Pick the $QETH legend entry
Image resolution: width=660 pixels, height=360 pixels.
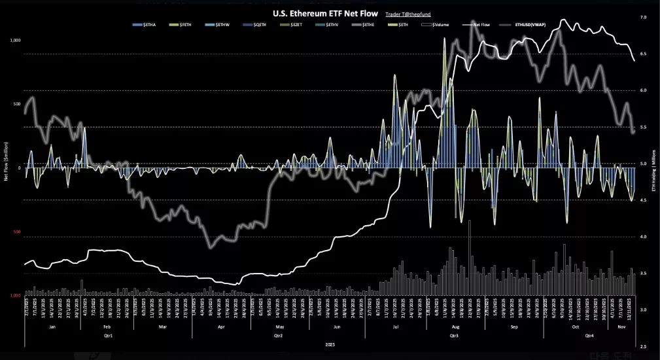254,25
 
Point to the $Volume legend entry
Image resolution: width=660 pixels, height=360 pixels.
437,25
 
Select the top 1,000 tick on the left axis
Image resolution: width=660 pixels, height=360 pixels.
15,41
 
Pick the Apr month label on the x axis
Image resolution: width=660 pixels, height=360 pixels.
221,325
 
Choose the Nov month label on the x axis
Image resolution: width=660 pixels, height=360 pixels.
617,325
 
